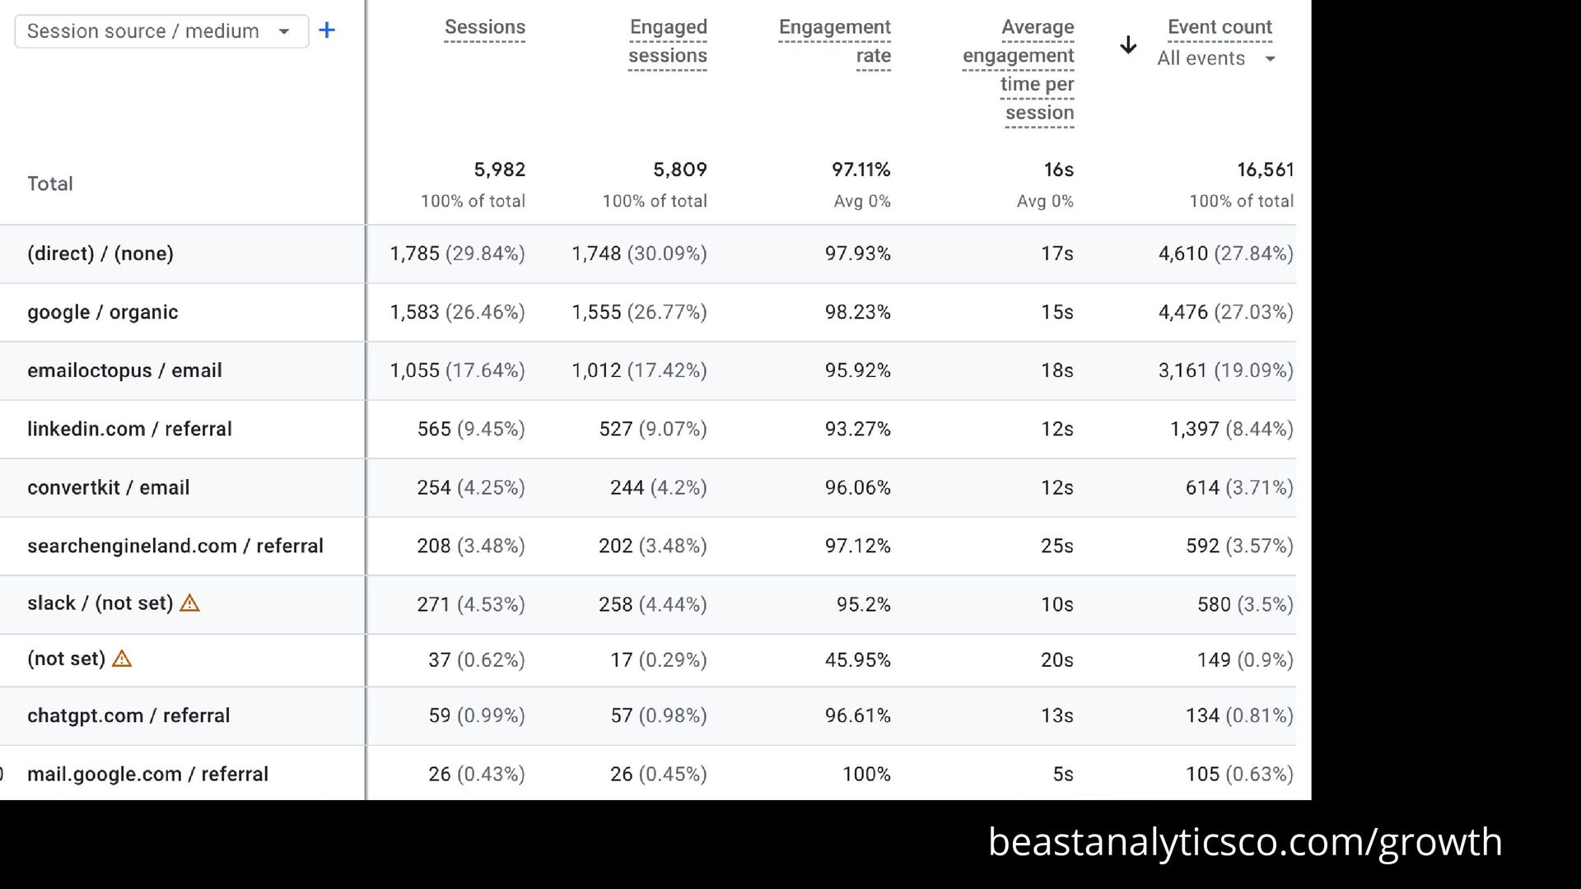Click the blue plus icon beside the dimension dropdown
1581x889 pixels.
click(x=327, y=31)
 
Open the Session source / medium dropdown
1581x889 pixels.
click(x=161, y=31)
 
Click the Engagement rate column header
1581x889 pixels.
click(x=834, y=41)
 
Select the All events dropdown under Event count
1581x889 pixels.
click(x=1215, y=58)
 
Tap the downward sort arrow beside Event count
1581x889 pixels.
click(x=1128, y=45)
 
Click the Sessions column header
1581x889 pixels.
click(x=484, y=27)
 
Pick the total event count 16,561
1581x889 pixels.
click(x=1265, y=170)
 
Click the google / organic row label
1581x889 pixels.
click(x=103, y=312)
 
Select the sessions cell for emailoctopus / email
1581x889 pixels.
click(x=457, y=370)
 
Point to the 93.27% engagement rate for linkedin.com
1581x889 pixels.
click(x=857, y=429)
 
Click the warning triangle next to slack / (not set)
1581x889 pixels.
click(x=189, y=603)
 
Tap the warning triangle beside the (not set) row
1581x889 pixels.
click(x=122, y=659)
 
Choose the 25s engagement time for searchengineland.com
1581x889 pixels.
click(x=1056, y=546)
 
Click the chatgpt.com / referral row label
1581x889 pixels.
click(x=128, y=715)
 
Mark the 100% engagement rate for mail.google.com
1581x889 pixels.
click(x=865, y=774)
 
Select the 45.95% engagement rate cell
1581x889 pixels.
click(x=857, y=659)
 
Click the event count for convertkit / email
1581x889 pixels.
click(x=1238, y=487)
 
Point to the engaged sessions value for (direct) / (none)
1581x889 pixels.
click(x=639, y=254)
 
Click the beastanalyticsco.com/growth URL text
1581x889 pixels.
click(x=1244, y=841)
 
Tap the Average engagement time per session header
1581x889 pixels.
click(x=1019, y=70)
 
